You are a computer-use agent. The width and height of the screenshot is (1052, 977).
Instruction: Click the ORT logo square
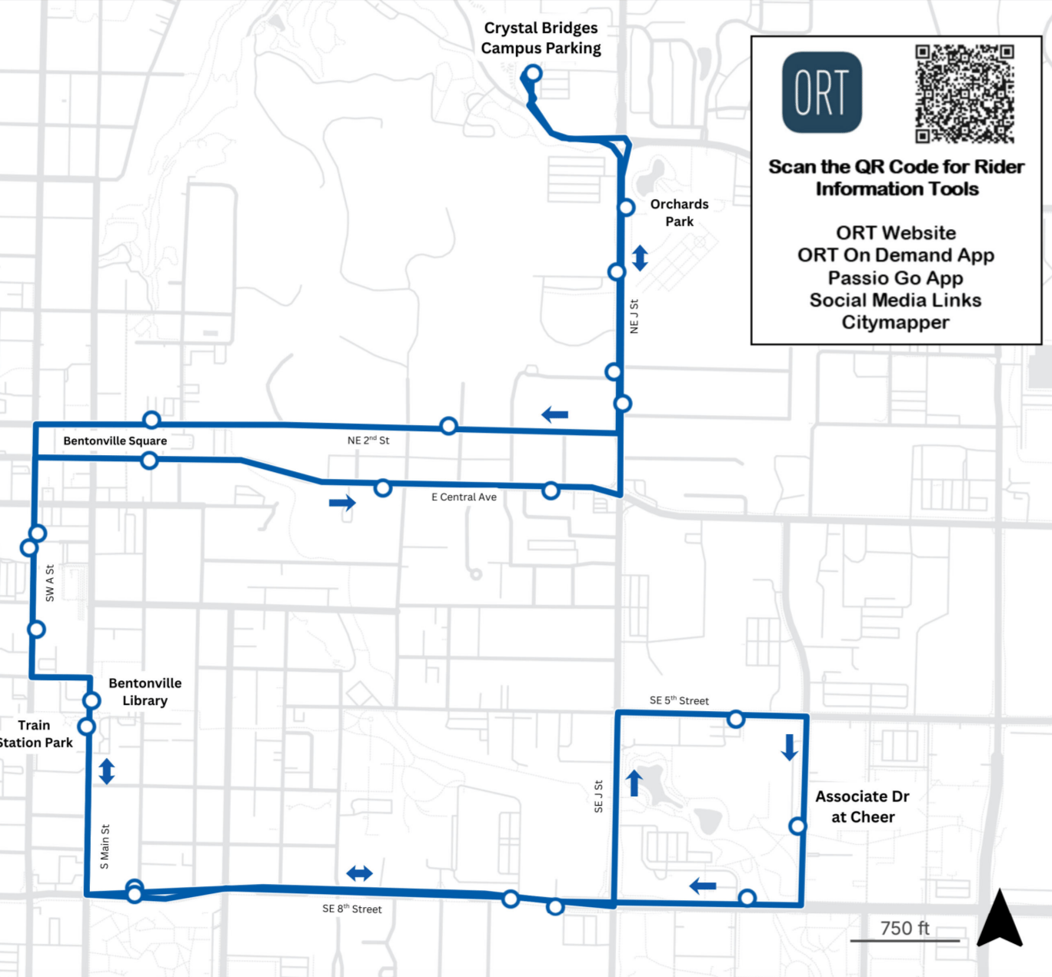pos(821,92)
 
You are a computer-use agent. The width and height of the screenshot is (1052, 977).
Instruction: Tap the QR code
pos(964,94)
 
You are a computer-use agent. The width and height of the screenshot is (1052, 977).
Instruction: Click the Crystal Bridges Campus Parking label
pos(541,38)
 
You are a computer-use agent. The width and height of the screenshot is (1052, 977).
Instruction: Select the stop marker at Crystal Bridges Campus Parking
pos(532,75)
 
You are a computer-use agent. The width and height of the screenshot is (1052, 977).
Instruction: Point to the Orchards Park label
pos(679,213)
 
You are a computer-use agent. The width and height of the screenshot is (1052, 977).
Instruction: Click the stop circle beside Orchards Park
pos(626,207)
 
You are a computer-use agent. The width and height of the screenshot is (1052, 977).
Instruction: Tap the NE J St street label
pos(634,316)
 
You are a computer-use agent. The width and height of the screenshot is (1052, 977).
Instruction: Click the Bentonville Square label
pos(115,440)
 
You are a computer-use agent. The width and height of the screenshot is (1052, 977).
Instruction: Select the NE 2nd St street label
pos(368,440)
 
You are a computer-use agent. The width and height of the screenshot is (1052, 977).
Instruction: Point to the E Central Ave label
pos(464,497)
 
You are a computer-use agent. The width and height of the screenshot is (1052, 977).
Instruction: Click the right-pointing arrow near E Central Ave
pos(342,503)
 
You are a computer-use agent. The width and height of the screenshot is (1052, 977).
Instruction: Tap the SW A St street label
pos(50,583)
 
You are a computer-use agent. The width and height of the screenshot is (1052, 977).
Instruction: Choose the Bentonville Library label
pos(145,692)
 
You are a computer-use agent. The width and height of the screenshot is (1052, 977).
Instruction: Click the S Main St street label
pos(105,847)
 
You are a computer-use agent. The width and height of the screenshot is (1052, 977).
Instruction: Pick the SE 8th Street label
pos(352,909)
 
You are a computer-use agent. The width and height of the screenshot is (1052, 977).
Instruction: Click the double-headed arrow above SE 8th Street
pos(359,873)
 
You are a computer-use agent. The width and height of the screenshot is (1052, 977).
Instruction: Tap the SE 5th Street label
pos(679,700)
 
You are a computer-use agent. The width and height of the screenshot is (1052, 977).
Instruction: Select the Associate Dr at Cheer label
pos(862,806)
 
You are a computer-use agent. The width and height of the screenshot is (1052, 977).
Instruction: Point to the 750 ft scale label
pos(904,929)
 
